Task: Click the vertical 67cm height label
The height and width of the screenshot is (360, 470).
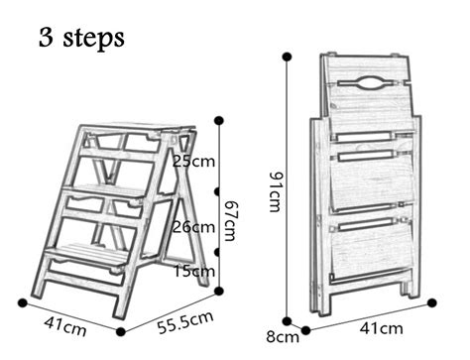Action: click(229, 217)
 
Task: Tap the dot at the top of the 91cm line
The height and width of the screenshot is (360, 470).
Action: click(288, 56)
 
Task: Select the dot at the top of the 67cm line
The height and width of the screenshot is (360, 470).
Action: click(217, 120)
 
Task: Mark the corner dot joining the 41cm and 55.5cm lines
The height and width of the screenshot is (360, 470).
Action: click(120, 331)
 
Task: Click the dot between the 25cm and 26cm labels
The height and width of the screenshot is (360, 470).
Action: click(218, 190)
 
